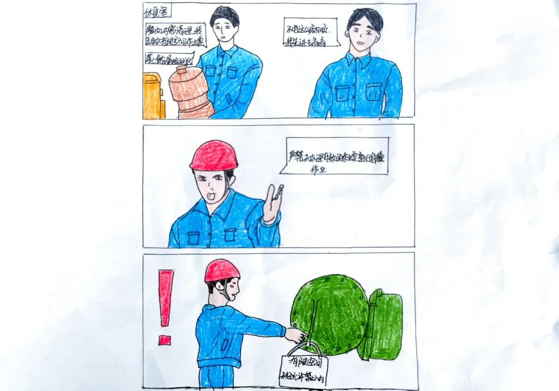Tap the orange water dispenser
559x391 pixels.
153,96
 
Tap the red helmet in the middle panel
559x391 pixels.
214,156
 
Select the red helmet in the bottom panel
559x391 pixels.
222,270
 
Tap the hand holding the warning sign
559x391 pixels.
298,336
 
